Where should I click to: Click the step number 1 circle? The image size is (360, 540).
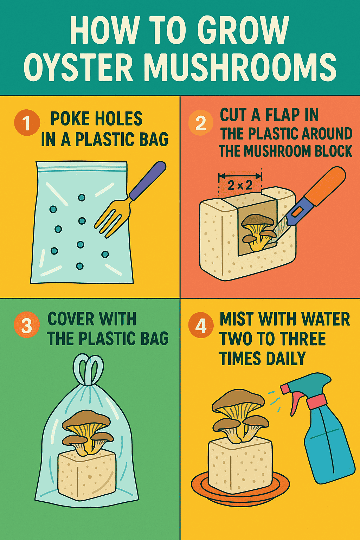[27, 122]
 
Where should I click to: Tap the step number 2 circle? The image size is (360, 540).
[201, 122]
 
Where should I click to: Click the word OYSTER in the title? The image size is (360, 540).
[78, 67]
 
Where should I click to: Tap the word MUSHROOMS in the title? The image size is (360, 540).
[241, 67]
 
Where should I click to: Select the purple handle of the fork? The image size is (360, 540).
[148, 180]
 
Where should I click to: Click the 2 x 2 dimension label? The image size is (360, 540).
[240, 185]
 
